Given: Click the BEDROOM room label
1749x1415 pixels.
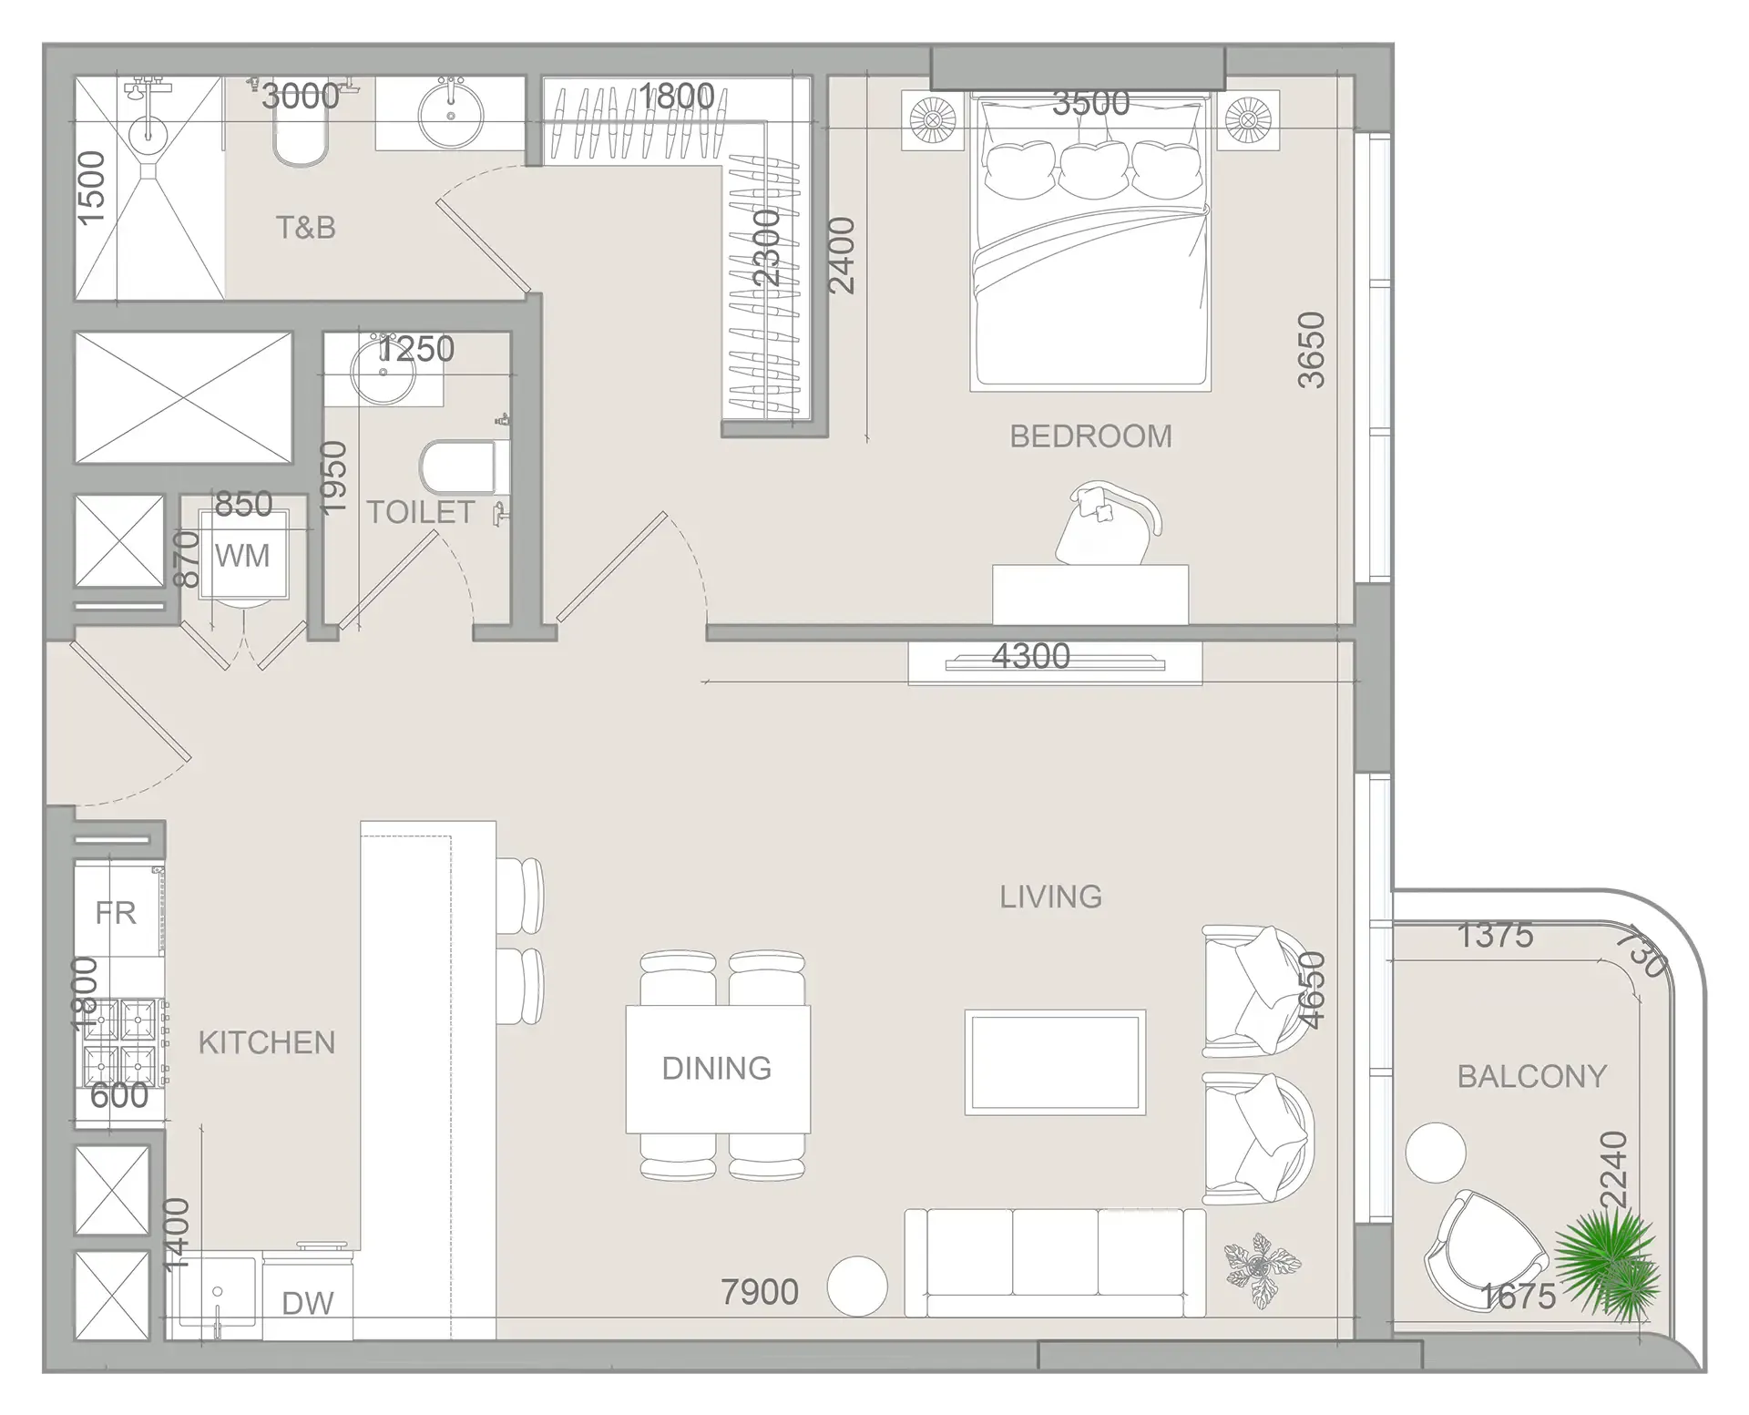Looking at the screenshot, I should pyautogui.click(x=1090, y=436).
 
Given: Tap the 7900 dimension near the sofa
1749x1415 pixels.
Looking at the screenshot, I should pyautogui.click(x=759, y=1292).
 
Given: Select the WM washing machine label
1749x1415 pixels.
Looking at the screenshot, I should pyautogui.click(x=242, y=556).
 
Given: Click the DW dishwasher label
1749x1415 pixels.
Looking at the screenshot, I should pyautogui.click(x=307, y=1304).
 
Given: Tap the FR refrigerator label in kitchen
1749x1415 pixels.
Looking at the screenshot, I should pyautogui.click(x=116, y=913).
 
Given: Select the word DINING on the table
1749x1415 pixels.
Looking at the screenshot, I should pyautogui.click(x=717, y=1068).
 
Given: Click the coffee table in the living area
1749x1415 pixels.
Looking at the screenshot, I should pyautogui.click(x=1055, y=1061).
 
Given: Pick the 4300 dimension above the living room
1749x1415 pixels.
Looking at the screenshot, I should pyautogui.click(x=1030, y=656).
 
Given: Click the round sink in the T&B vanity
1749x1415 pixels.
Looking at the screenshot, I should pyautogui.click(x=450, y=113).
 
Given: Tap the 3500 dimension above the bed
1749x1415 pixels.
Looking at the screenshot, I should pyautogui.click(x=1090, y=103).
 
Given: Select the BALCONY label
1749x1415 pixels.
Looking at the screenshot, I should pyautogui.click(x=1531, y=1076).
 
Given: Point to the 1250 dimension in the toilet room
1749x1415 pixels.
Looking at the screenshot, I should pyautogui.click(x=416, y=349).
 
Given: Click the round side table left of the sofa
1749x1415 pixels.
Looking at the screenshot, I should pyautogui.click(x=856, y=1286).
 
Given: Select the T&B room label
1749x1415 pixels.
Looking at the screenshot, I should pyautogui.click(x=306, y=227).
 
